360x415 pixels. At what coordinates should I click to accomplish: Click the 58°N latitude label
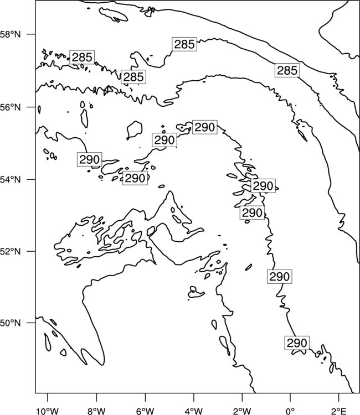(10, 34)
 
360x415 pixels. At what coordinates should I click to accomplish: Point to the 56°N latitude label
(10, 107)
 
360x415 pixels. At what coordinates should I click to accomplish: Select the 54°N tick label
(10, 179)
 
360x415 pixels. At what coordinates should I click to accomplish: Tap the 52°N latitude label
(10, 251)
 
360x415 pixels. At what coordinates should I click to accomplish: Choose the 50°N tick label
(10, 323)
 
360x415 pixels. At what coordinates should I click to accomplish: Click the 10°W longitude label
(48, 411)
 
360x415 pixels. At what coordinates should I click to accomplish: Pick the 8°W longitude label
(96, 411)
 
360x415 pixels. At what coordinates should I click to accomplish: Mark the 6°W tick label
(145, 411)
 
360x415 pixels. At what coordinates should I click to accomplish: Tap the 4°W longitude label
(194, 411)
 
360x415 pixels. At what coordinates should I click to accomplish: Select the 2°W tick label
(242, 411)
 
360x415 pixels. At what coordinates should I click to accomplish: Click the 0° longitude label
(290, 411)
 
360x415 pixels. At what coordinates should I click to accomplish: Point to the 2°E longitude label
(339, 411)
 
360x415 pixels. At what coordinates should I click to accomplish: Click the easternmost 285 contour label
(287, 70)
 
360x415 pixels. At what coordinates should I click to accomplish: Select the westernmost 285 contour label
(82, 57)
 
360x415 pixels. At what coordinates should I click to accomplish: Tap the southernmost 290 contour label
(297, 343)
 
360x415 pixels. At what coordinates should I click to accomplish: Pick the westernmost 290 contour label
(89, 159)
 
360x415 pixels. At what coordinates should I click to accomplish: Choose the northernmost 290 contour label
(204, 127)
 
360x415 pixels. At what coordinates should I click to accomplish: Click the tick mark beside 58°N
(31, 34)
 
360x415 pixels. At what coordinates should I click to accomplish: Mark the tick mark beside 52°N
(31, 251)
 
